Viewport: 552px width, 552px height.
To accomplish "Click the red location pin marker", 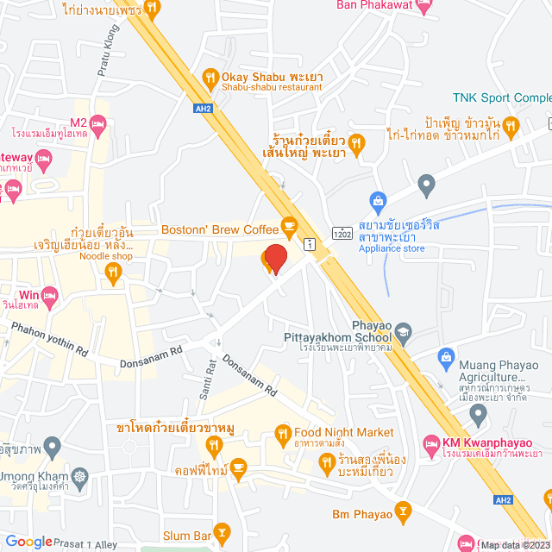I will (x=274, y=260).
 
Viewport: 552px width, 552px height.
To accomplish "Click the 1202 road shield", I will (x=342, y=233).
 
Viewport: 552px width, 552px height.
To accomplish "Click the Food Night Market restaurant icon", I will (x=281, y=433).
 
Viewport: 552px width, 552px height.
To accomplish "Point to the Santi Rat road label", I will (x=207, y=375).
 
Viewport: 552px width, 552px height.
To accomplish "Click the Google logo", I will (x=28, y=542).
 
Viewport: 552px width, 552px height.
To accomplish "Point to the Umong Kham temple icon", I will (x=79, y=476).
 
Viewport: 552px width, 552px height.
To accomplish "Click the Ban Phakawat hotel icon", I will (x=422, y=5).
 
